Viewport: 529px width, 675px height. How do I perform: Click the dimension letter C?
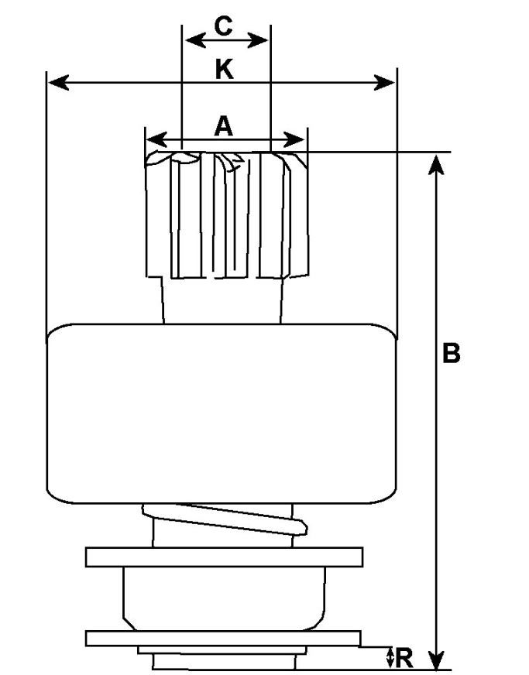tap(223, 26)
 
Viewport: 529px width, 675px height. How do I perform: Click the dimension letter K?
tap(225, 70)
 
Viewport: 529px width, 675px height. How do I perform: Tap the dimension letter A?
tap(224, 126)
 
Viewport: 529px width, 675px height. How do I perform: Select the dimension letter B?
tap(451, 353)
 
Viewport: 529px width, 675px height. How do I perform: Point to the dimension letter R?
tap(404, 658)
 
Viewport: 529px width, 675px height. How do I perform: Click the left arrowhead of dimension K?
tap(58, 82)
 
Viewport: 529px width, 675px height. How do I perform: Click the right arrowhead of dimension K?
tap(384, 82)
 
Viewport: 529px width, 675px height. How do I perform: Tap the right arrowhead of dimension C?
tap(258, 41)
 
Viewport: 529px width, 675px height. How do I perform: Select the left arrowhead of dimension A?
tap(156, 140)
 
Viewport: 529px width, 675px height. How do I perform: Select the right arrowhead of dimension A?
tap(294, 140)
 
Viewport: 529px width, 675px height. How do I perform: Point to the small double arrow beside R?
tap(390, 658)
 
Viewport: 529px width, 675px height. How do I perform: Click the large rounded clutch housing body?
tap(222, 413)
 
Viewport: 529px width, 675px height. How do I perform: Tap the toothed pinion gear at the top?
tap(227, 215)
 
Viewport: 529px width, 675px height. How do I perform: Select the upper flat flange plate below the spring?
tap(224, 557)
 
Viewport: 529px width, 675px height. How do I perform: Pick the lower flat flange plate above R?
tap(223, 639)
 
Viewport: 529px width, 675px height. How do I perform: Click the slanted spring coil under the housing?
tap(225, 518)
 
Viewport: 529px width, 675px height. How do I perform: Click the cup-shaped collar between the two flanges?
tap(224, 598)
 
